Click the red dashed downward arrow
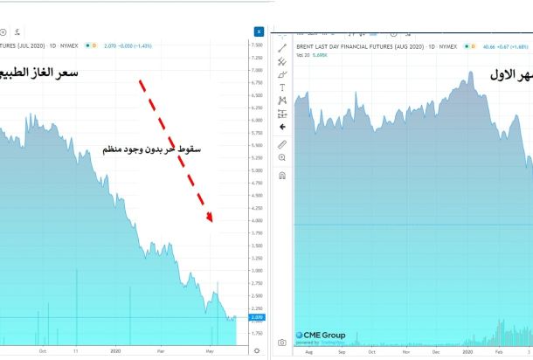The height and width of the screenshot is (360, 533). click(176, 151)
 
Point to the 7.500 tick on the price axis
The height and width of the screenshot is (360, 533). click(257, 45)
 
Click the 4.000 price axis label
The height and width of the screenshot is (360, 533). click(257, 220)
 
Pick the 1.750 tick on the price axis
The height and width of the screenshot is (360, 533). click(257, 333)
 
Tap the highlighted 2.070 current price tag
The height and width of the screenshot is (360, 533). click(257, 317)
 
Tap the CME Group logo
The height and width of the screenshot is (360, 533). click(321, 335)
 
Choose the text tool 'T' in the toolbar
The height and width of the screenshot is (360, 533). click(282, 87)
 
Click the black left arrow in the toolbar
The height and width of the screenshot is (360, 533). click(282, 127)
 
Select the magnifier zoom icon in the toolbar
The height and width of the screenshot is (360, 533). click(282, 157)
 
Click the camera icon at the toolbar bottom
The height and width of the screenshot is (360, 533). click(282, 343)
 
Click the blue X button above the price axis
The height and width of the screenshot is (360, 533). click(259, 31)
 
